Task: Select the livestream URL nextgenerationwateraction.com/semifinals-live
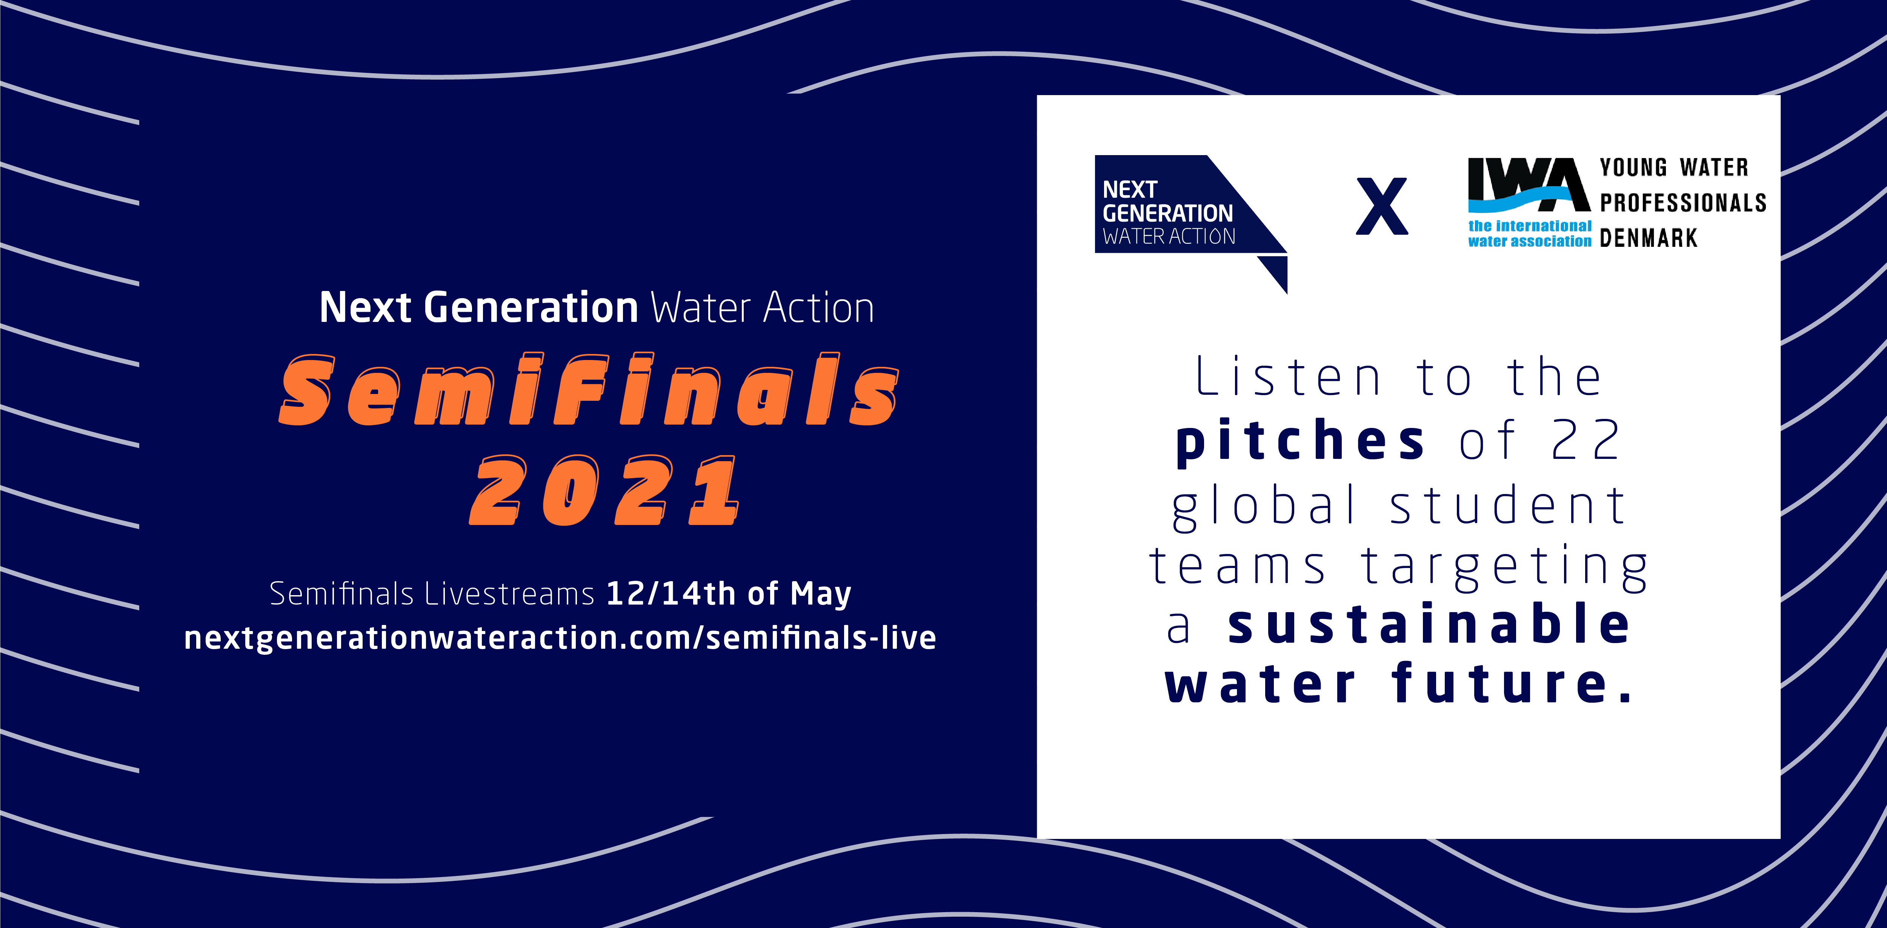560,638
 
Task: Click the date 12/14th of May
729,593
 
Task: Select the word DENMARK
1648,238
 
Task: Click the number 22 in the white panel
1586,440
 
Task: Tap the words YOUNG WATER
1674,168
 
